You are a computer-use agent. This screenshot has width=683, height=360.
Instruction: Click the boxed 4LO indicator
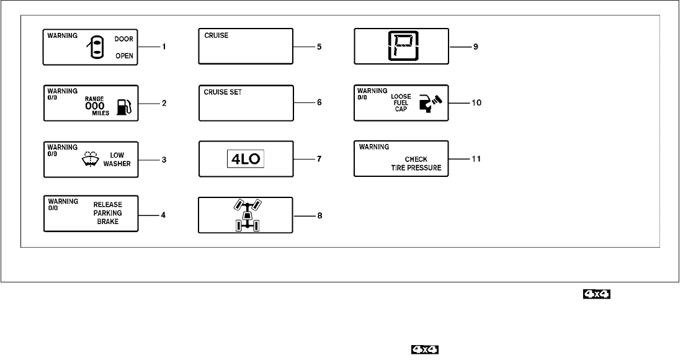[246, 159]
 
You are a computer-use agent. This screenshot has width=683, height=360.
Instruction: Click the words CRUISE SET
[223, 92]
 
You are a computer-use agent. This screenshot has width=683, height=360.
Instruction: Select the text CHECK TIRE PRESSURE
[419, 163]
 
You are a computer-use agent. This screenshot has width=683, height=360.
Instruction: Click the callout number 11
[476, 159]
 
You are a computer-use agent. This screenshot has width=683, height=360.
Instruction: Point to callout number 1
[164, 47]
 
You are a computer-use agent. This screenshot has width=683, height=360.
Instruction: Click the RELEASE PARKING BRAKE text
[108, 213]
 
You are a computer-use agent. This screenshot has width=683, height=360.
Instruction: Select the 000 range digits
[95, 106]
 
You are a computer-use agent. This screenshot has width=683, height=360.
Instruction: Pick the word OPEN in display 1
[124, 56]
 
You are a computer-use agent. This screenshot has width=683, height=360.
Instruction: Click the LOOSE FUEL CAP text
[401, 102]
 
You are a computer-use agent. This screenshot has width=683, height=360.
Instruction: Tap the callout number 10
[476, 103]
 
